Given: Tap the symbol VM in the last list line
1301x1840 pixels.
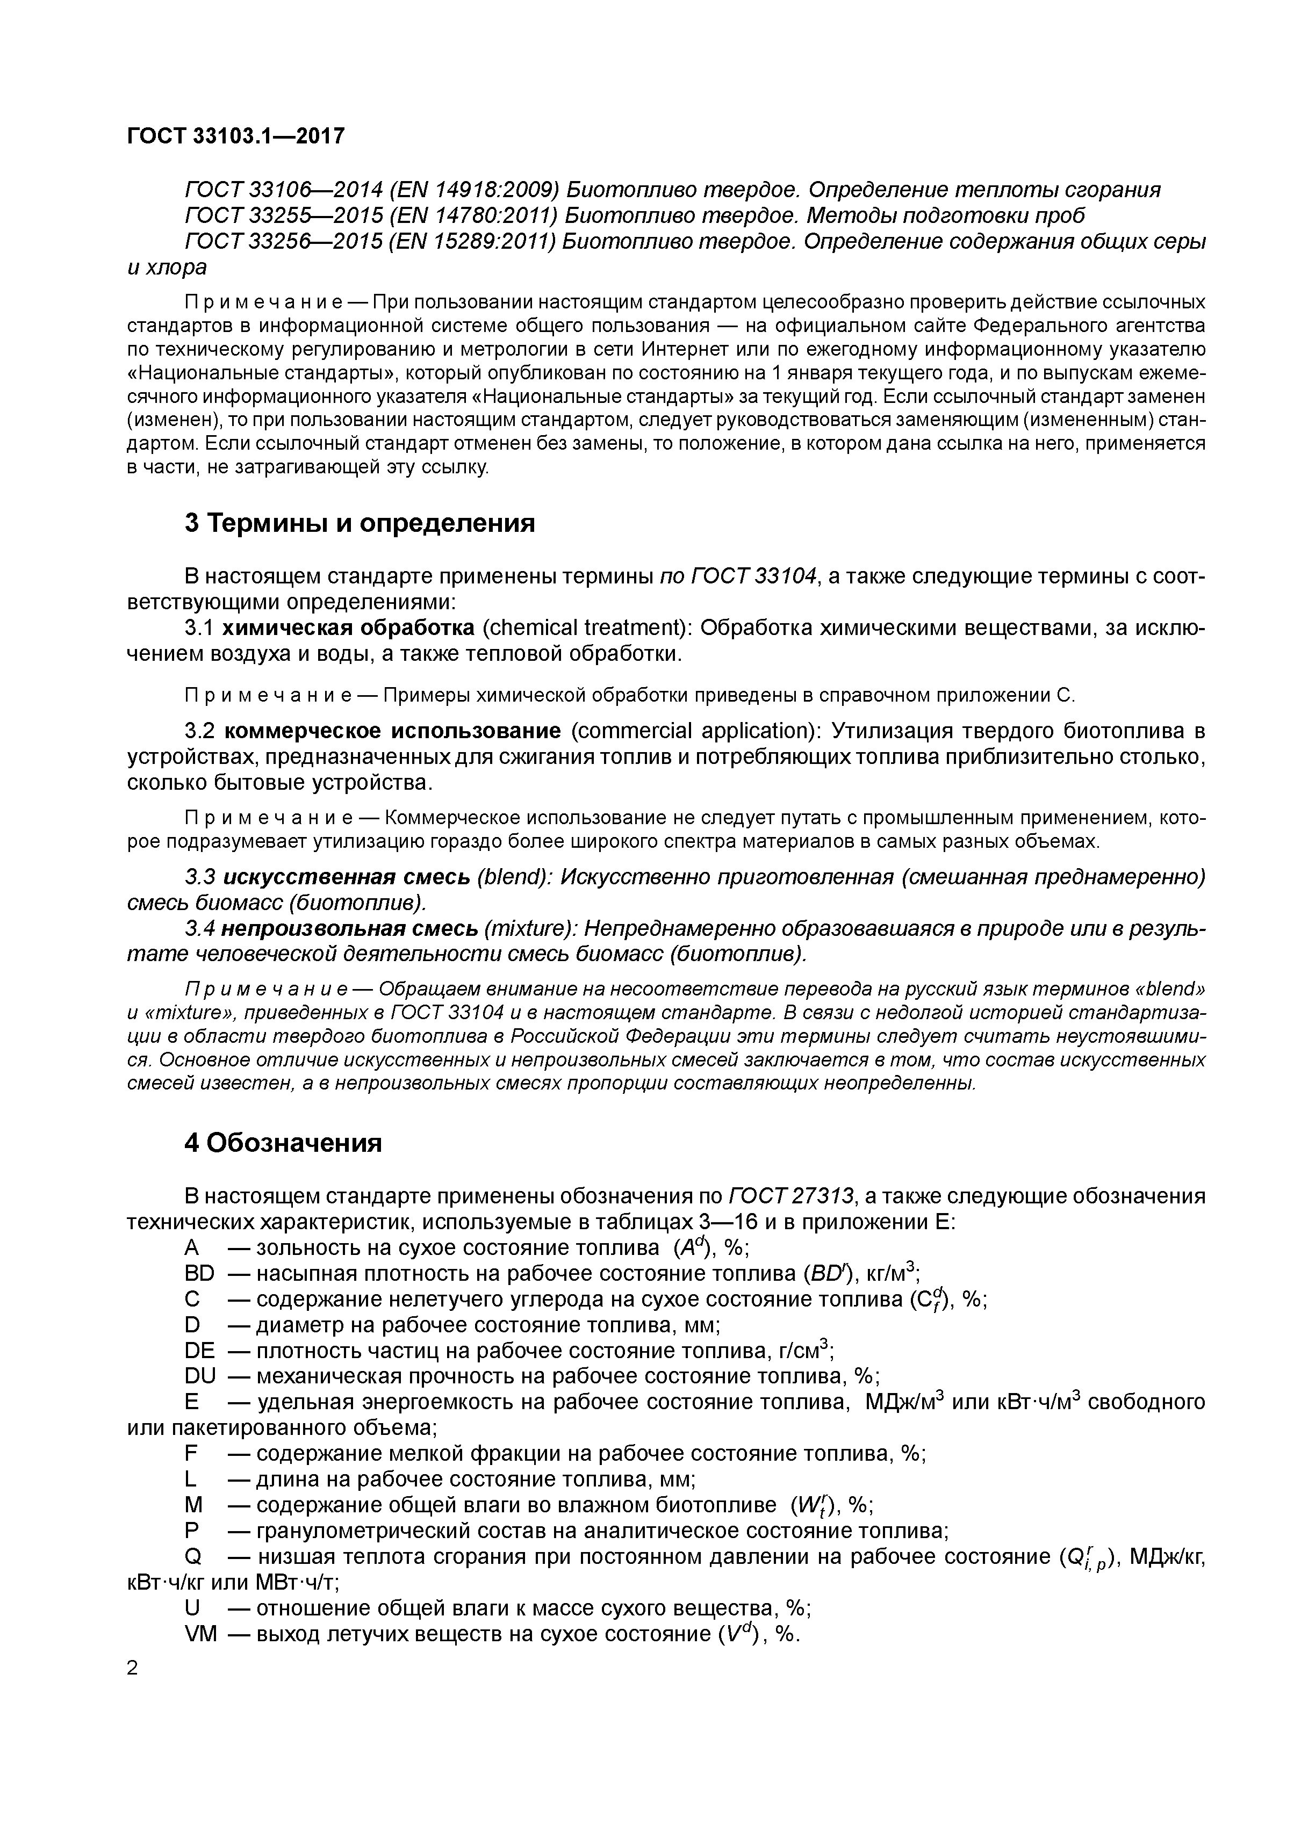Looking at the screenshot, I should click(200, 1634).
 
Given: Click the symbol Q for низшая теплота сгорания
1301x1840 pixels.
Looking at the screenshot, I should click(192, 1557).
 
